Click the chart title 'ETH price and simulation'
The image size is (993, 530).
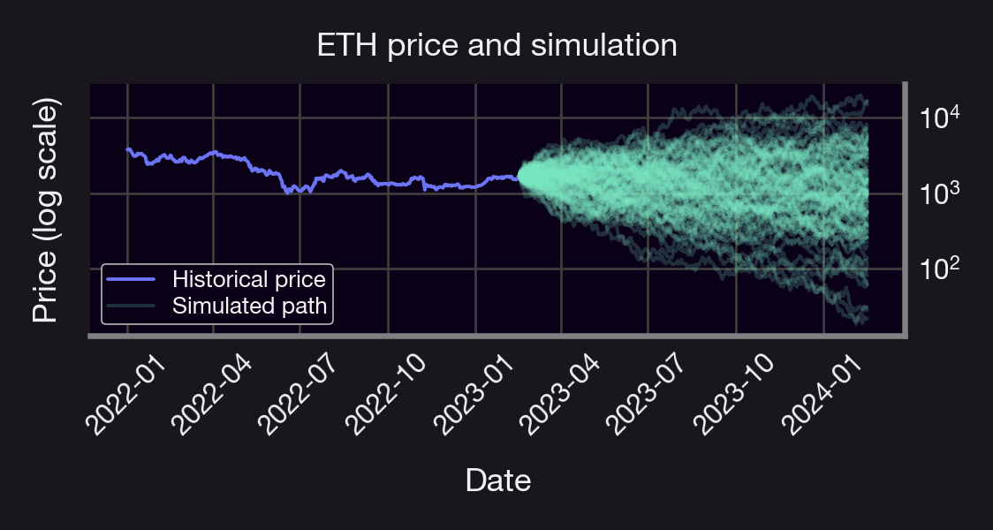(496, 45)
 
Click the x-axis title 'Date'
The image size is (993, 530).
(497, 481)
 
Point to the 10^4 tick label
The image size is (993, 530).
(938, 117)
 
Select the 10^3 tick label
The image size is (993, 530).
(938, 193)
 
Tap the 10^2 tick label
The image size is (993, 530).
(938, 269)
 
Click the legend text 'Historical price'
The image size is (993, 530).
(249, 280)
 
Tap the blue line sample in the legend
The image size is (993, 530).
(131, 280)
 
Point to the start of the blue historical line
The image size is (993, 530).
(127, 150)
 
